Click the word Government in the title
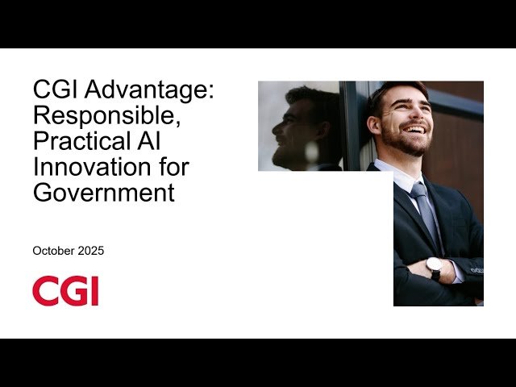tap(103, 193)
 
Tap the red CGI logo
tap(65, 291)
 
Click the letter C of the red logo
tap(44, 291)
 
